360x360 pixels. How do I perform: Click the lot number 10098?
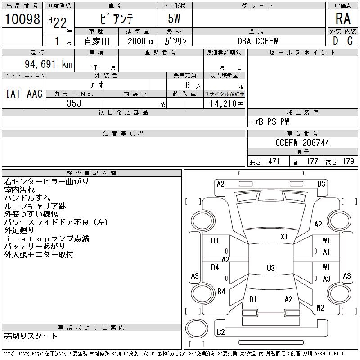pos(22,19)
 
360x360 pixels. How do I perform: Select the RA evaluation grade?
pos(343,18)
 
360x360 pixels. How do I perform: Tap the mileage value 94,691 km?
pos(49,64)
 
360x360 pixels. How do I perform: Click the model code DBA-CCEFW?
pos(257,41)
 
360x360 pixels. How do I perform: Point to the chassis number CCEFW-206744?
pos(302,143)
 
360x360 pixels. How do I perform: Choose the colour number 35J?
pos(74,103)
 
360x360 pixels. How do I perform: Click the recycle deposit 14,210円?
pos(226,104)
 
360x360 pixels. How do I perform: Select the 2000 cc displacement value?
pos(141,41)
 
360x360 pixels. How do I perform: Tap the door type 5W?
pos(174,18)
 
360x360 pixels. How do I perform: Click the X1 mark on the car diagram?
pos(284,237)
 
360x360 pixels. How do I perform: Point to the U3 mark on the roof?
pos(271,268)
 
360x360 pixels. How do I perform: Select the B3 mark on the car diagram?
pos(321,184)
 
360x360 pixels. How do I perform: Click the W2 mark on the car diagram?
pos(320,307)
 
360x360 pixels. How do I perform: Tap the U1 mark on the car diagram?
pos(215,240)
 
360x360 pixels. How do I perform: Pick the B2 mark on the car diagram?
pos(220,332)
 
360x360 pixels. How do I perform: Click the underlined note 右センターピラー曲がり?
pos(46,181)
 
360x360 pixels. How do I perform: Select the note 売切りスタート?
pos(31,336)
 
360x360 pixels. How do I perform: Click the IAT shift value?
pos(13,94)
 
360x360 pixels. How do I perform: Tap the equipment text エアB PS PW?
pos(269,121)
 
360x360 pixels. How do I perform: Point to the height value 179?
pos(348,162)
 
